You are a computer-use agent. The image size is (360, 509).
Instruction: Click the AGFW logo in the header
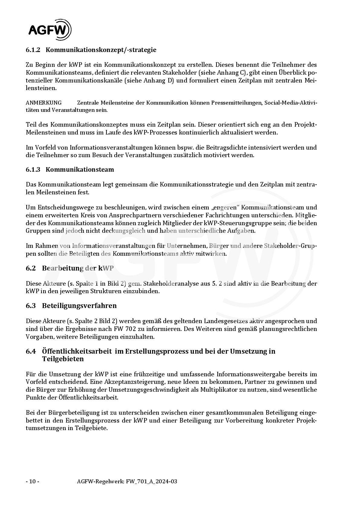click(50, 30)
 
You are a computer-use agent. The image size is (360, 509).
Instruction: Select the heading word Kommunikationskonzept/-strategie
click(101, 50)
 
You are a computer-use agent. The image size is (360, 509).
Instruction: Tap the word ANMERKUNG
click(44, 103)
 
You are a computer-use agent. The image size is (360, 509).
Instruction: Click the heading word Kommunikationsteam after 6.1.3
click(80, 170)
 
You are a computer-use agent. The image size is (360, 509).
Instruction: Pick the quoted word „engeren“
click(224, 207)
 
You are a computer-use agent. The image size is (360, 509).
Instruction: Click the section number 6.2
click(31, 268)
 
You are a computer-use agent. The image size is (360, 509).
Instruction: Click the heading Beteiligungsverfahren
click(79, 306)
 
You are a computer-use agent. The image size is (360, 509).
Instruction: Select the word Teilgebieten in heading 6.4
click(63, 359)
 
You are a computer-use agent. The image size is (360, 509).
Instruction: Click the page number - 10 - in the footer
click(32, 481)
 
